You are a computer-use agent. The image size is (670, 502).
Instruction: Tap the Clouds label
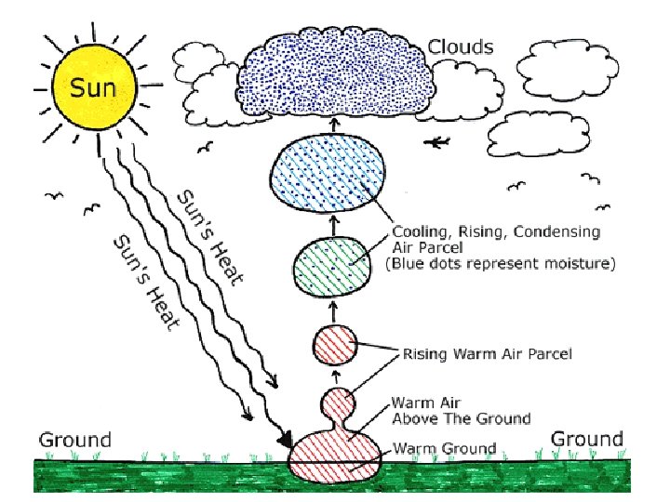(x=461, y=46)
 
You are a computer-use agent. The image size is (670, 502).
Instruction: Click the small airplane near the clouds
(x=440, y=142)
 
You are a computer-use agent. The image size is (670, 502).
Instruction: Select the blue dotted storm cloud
(x=334, y=73)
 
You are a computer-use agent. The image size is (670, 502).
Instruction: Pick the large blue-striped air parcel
(x=328, y=177)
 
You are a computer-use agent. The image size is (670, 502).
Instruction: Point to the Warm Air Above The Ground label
(x=460, y=411)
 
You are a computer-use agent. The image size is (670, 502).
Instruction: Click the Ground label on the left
(x=74, y=440)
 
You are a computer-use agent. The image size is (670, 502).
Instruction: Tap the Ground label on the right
(x=587, y=439)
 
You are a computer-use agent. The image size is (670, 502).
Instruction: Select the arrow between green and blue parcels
(x=332, y=224)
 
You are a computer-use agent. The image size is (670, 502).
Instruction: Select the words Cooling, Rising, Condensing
(x=496, y=231)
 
